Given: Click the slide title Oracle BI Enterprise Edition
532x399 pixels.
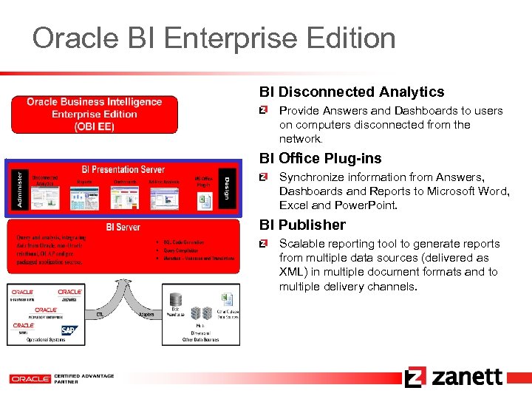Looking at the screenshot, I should [x=214, y=38].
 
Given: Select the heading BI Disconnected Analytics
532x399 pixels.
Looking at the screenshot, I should [x=351, y=92].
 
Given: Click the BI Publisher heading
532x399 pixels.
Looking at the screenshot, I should [x=302, y=225].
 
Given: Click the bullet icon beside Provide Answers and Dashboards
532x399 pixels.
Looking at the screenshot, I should [x=264, y=111].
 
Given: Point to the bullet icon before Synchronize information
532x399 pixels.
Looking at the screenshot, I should [x=264, y=177].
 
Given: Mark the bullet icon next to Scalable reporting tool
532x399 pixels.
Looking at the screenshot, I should [x=264, y=244].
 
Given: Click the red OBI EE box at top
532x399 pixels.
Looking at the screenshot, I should [x=94, y=115].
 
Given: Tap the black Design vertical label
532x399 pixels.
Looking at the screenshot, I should [x=226, y=189].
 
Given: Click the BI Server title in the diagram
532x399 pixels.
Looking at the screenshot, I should [x=123, y=227].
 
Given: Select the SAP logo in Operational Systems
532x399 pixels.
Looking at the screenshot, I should [x=69, y=330].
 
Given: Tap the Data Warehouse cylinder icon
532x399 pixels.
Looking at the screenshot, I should [x=176, y=300].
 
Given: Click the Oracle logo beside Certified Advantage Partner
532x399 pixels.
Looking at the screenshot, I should [x=30, y=378].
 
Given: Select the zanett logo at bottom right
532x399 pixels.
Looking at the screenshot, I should [x=454, y=377].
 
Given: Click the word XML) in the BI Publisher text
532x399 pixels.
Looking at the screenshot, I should [x=293, y=272].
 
